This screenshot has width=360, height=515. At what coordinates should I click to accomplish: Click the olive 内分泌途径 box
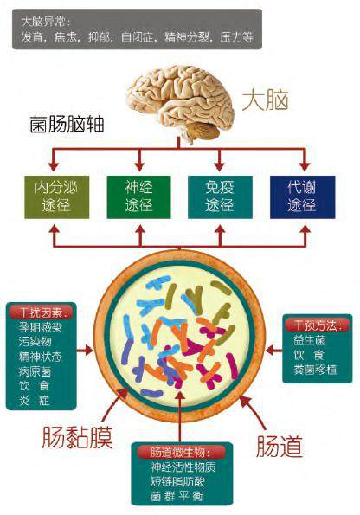[57, 197]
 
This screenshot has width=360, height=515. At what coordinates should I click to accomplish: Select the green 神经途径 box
[139, 197]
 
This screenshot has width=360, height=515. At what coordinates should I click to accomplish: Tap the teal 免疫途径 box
[220, 197]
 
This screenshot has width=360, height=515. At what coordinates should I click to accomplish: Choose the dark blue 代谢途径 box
[303, 197]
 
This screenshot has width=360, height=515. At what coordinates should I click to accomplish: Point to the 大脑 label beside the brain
[266, 100]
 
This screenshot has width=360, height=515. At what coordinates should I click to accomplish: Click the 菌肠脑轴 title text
[67, 124]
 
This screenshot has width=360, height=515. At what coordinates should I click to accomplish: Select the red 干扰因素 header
[41, 312]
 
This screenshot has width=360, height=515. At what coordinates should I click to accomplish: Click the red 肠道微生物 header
[182, 453]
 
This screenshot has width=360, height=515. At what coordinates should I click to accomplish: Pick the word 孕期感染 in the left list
[41, 327]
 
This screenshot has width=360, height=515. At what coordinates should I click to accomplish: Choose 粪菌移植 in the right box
[315, 370]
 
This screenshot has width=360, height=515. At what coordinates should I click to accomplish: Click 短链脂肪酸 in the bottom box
[177, 481]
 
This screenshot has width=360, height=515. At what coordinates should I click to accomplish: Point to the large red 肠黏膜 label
[77, 438]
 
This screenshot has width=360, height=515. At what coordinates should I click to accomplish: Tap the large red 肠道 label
[280, 446]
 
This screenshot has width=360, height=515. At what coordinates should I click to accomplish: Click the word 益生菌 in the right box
[310, 340]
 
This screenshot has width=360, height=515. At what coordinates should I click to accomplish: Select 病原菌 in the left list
[35, 371]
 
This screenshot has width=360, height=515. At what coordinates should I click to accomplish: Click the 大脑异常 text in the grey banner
[46, 22]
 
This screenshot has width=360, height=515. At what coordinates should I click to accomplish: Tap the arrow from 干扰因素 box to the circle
[85, 351]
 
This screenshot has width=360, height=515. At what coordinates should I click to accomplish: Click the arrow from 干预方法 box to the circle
[273, 351]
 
